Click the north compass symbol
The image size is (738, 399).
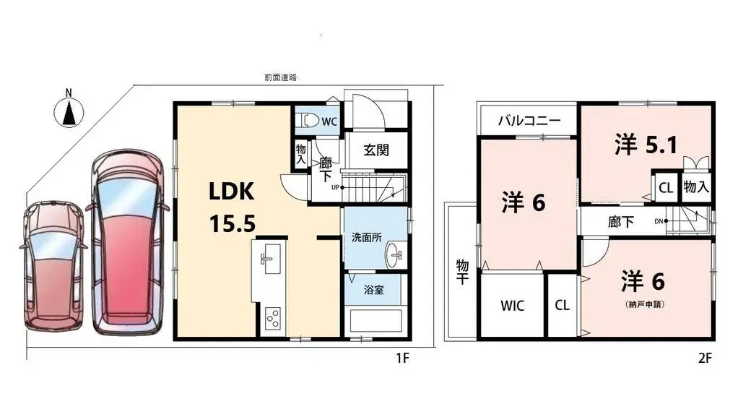(x=69, y=112)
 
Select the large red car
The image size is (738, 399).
(x=129, y=243)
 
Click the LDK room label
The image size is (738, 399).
(x=231, y=192)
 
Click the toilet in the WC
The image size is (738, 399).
(x=308, y=121)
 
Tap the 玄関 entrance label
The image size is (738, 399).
(x=376, y=150)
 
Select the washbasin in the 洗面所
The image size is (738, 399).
(x=396, y=253)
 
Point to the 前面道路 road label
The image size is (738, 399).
(x=280, y=77)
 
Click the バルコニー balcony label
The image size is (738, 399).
(x=528, y=121)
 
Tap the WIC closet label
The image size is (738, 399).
(x=512, y=306)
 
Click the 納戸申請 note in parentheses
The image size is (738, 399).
(x=646, y=304)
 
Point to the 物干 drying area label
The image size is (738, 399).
(x=461, y=273)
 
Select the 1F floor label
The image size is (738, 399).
(x=402, y=357)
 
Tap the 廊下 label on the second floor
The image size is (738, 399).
(x=621, y=222)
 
